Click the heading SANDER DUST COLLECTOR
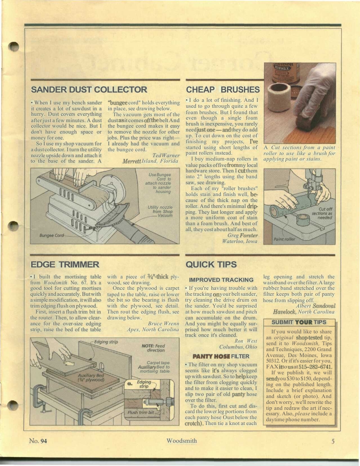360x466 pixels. [x=89, y=90]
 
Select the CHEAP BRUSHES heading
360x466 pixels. [x=223, y=90]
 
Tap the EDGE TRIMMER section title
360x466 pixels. [x=65, y=264]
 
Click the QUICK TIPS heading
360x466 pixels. [x=211, y=264]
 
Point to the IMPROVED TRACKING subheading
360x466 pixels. [x=221, y=280]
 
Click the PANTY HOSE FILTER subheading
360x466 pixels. [x=221, y=356]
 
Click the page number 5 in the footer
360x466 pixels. [x=333, y=441]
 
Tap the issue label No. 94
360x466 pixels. [x=38, y=441]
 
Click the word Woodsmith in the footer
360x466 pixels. [x=181, y=441]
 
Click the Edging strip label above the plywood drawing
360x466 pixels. [x=106, y=341]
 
